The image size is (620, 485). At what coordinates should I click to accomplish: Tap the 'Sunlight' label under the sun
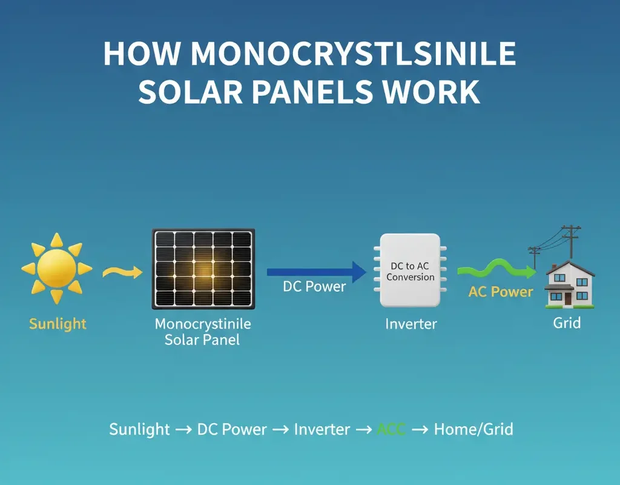coord(58,324)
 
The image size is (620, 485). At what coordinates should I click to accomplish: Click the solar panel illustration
coord(203,269)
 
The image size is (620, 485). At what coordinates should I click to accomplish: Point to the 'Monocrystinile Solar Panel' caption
coord(202,332)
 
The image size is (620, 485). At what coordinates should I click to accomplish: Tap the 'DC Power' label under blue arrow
coord(314,286)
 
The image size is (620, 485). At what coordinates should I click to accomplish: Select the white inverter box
coord(410,270)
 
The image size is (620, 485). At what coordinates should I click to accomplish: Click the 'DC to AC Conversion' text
coord(410,272)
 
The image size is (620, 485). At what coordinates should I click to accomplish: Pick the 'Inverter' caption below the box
coord(411,324)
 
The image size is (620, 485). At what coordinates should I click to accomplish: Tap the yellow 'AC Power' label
coord(501,292)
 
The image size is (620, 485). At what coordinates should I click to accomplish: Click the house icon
coord(569,284)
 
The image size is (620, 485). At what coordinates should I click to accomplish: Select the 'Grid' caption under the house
coord(567,323)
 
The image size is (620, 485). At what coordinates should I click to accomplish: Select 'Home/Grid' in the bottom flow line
coord(473,430)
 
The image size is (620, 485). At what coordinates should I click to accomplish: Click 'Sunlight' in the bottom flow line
coord(139,430)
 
